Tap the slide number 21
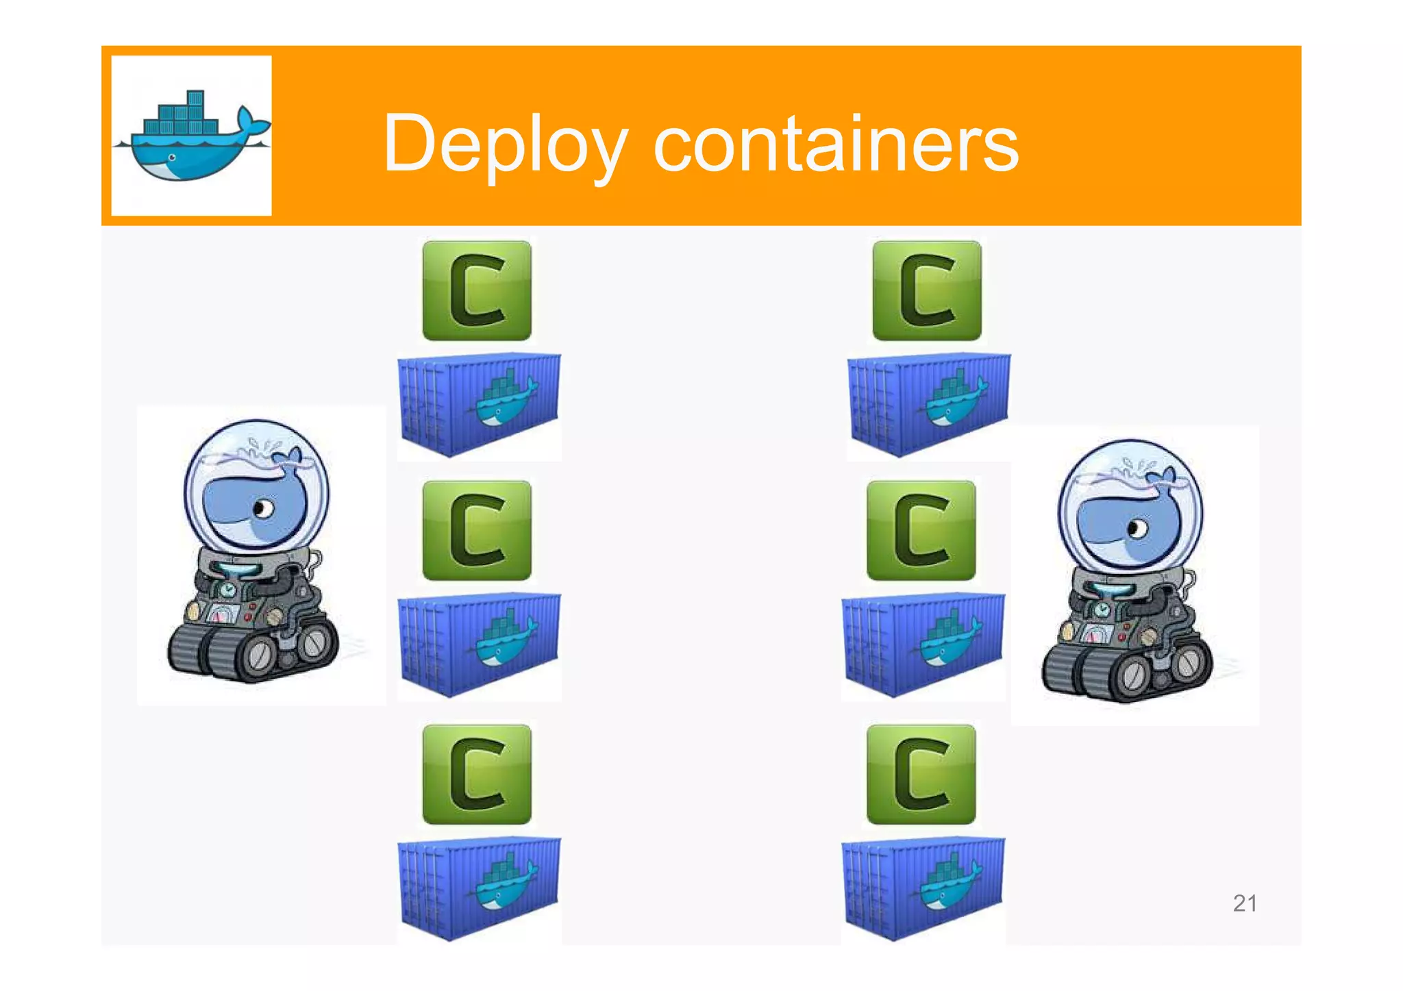coord(1244,903)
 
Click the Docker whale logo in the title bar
coord(191,136)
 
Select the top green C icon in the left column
coord(477,290)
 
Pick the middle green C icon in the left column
coord(477,531)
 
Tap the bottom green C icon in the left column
coord(477,775)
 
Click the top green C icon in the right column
coord(926,290)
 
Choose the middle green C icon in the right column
coord(921,531)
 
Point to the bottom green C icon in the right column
coord(921,775)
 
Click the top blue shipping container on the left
coord(479,404)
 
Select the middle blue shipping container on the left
coord(479,644)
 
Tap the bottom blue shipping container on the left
coord(479,888)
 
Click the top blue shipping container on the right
coord(928,404)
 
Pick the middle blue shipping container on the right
coord(923,644)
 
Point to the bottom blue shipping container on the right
coord(923,888)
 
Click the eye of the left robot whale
coord(262,509)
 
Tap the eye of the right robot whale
coord(1137,529)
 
